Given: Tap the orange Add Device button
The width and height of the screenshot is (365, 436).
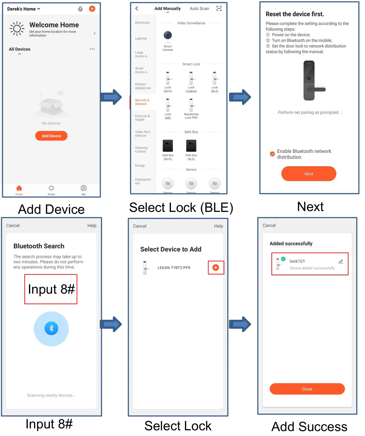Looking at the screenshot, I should [51, 136].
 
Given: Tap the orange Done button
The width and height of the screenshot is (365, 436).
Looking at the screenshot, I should [307, 389].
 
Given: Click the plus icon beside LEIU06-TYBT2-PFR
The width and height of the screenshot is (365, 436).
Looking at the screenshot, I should [216, 268].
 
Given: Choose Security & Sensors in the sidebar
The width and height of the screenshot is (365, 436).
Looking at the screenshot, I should [142, 102].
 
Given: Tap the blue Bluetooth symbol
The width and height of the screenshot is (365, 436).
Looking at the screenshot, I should [51, 328].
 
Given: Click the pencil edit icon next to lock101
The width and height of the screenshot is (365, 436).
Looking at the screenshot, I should [341, 262].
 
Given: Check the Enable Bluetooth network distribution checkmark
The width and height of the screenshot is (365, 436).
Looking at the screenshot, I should [272, 154].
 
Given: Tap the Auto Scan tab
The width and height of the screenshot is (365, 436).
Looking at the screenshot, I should [199, 8].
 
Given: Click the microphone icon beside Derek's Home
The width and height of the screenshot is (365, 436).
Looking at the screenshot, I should [80, 9].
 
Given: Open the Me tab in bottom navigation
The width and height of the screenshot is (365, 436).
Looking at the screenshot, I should [84, 190].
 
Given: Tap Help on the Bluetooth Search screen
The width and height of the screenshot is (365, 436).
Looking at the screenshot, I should [92, 225].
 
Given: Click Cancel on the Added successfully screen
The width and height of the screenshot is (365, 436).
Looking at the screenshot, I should [269, 225].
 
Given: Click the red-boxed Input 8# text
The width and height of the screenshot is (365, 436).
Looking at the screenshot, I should [51, 289].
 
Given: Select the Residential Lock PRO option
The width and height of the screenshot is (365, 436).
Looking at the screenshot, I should [191, 106].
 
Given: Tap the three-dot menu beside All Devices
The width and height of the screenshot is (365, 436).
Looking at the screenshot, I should [92, 49].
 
